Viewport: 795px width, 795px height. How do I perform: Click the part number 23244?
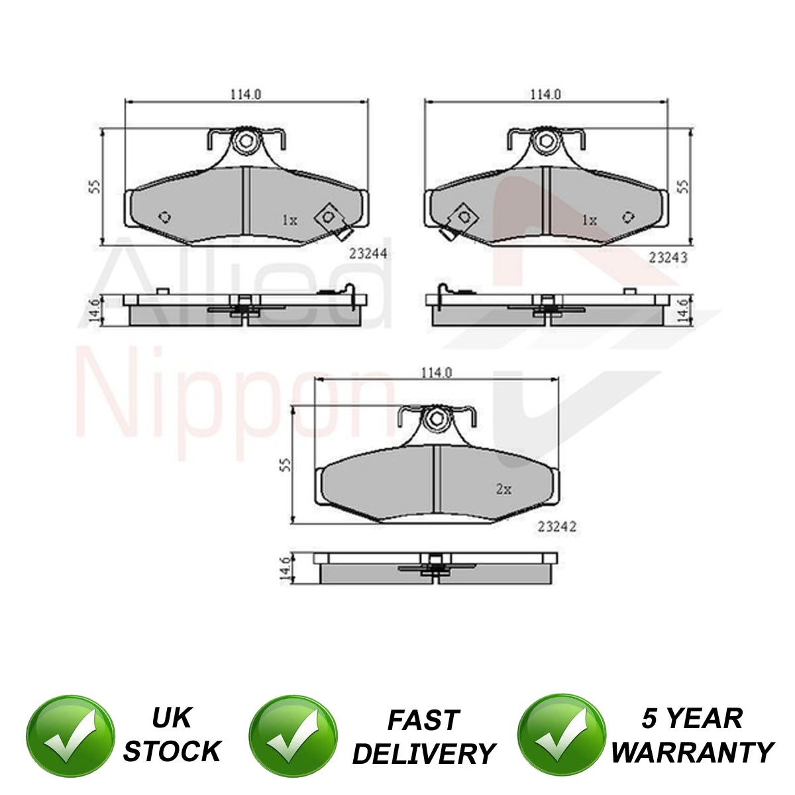(368, 253)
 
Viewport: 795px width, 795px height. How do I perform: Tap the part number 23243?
(668, 258)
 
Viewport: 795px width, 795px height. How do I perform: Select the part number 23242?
(556, 527)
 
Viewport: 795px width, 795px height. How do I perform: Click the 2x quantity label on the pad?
(503, 490)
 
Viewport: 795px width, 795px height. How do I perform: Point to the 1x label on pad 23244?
(290, 221)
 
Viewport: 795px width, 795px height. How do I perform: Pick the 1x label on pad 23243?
(589, 221)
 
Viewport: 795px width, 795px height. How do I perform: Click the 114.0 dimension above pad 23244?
(246, 95)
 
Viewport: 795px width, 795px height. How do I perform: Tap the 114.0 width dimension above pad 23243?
(545, 95)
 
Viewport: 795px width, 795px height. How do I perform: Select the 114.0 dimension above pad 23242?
(437, 372)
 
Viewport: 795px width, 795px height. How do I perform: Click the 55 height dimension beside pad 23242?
(286, 464)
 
